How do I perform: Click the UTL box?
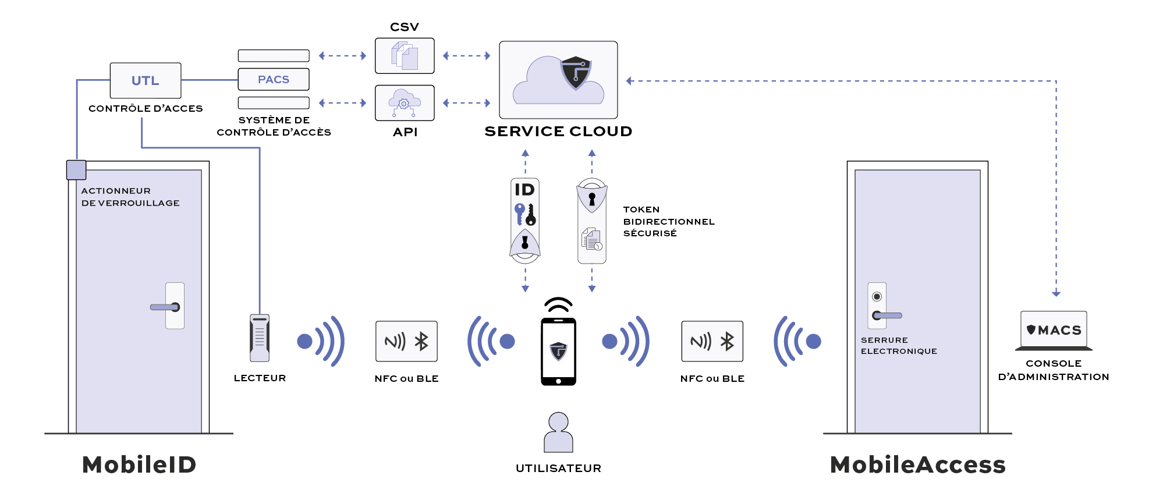pos(146,80)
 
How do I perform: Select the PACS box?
pos(274,79)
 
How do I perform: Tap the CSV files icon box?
pos(405,56)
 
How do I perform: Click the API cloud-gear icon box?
pos(405,103)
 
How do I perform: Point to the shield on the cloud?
pos(576,72)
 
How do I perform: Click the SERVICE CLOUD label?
pos(558,132)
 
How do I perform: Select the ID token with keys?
pos(525,220)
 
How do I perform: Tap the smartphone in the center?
pos(558,352)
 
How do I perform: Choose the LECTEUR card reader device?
pos(260,338)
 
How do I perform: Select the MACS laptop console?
pos(1054,331)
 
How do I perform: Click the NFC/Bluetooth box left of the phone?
pos(406,341)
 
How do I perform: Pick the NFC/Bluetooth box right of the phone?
pos(712,341)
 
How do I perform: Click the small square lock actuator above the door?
pos(76,170)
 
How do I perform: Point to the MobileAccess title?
pos(918,465)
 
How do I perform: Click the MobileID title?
pos(139,465)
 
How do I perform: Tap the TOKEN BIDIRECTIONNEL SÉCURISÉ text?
pos(668,221)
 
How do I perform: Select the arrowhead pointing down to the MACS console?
pos(1056,294)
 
